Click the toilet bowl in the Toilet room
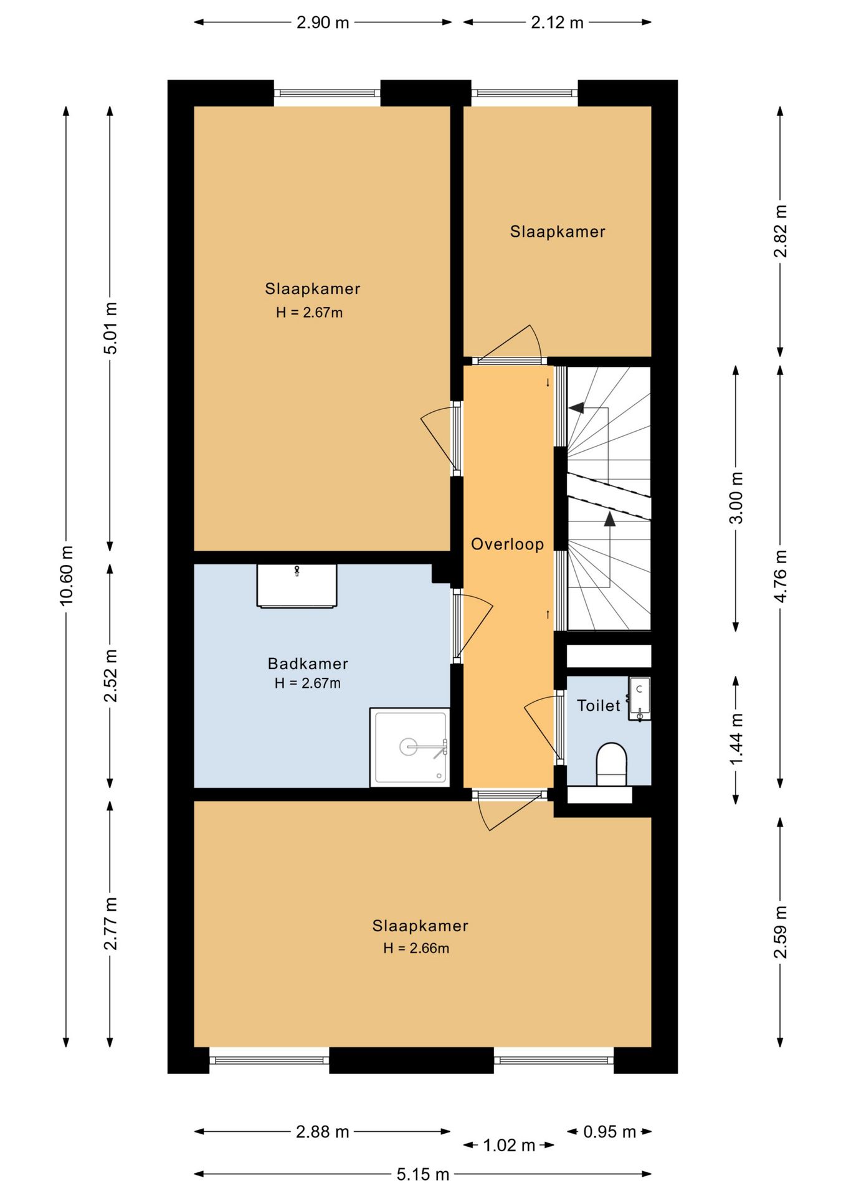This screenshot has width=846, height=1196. [x=611, y=764]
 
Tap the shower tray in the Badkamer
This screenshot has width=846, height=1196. [x=409, y=747]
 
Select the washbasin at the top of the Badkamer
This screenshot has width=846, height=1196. [x=297, y=586]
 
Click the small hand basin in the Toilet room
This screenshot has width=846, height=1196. [x=640, y=698]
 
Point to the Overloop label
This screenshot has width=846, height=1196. [x=507, y=544]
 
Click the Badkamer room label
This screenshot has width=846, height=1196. [x=308, y=663]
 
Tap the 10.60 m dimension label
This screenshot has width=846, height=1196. [x=67, y=575]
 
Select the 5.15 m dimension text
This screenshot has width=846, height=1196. [x=423, y=1174]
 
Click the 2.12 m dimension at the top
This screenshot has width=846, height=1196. [x=557, y=22]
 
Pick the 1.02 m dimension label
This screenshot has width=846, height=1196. [x=509, y=1145]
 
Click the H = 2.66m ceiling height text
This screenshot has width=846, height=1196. [x=416, y=948]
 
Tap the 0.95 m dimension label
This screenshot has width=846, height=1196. [x=609, y=1131]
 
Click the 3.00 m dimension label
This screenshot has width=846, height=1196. [x=736, y=498]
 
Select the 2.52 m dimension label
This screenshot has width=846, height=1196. [x=110, y=676]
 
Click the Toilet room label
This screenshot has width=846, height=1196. [x=599, y=705]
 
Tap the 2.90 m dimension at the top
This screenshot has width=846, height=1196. [x=323, y=22]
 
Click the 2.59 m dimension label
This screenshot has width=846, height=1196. [x=780, y=932]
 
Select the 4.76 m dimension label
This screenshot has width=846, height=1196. [x=780, y=575]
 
